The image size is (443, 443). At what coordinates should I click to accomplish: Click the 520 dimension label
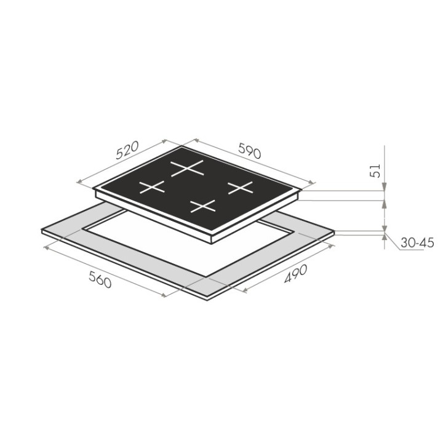(127, 150)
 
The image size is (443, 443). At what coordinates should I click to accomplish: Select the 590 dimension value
(249, 151)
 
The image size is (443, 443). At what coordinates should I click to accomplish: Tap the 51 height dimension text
(375, 170)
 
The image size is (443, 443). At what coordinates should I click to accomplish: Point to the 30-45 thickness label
(417, 242)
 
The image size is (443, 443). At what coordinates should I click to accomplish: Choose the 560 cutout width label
(100, 279)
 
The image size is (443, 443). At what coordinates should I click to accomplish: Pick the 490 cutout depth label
(295, 273)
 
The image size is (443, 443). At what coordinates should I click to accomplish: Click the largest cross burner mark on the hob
(187, 168)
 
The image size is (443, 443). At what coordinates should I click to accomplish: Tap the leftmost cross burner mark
(152, 187)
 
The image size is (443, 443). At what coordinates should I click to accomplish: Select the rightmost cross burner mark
(241, 188)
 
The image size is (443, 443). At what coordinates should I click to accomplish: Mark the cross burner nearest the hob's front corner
(203, 206)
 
